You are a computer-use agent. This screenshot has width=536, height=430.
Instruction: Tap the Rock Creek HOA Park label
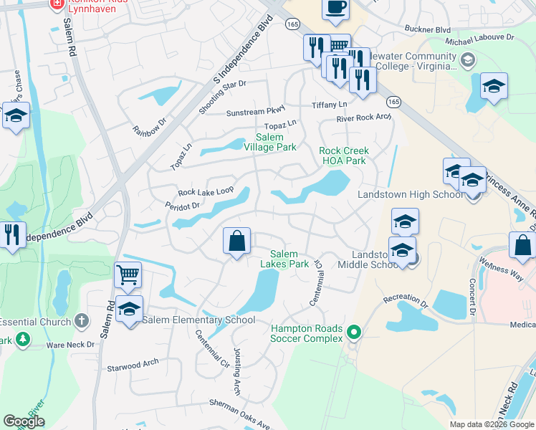(x=343, y=156)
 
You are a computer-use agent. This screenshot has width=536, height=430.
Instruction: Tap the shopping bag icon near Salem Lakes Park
(x=236, y=242)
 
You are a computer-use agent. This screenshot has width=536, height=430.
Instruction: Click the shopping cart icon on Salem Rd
(x=128, y=273)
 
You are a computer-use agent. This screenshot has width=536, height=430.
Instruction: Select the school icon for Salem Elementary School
(x=129, y=309)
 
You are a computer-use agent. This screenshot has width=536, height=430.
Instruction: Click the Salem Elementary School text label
(x=198, y=320)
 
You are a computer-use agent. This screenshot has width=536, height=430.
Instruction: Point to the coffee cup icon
(x=336, y=9)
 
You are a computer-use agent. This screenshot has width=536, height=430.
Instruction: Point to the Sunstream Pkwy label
(x=255, y=113)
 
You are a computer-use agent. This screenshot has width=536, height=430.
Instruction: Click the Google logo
(x=24, y=421)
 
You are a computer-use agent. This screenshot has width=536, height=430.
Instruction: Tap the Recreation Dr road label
(x=405, y=298)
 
